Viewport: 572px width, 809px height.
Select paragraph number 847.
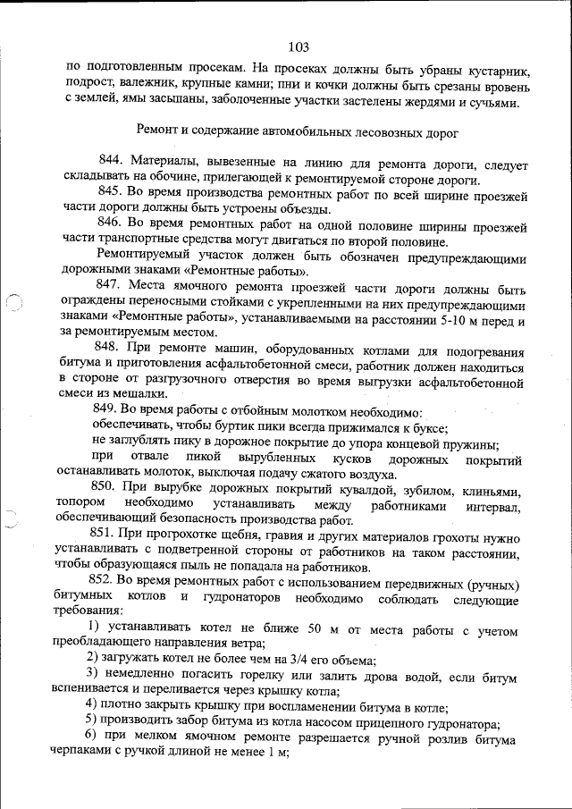115,284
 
